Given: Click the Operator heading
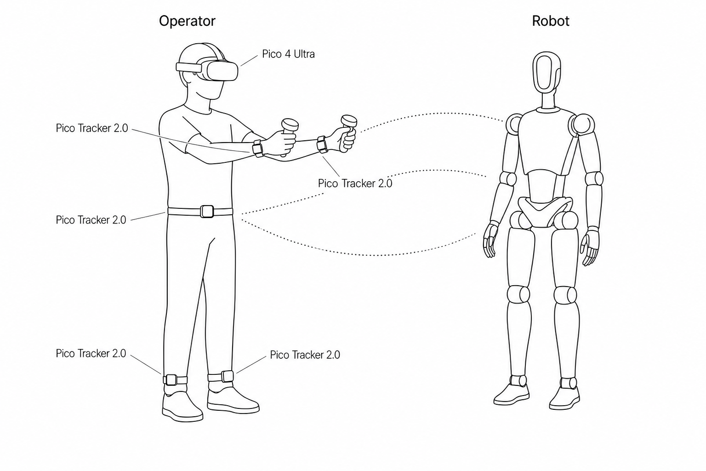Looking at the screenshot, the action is [x=187, y=21].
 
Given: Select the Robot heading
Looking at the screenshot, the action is [x=551, y=21].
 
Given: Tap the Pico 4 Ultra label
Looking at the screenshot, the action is [x=288, y=54].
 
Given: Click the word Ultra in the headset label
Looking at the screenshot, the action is [x=304, y=54].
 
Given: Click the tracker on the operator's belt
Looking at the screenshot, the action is [x=207, y=212].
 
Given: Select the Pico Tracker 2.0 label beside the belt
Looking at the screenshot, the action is [x=91, y=220].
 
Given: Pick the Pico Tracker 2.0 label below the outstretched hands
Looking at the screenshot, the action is [x=355, y=183].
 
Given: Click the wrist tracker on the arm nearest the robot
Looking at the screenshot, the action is [x=322, y=144].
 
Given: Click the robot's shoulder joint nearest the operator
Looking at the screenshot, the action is [x=514, y=124].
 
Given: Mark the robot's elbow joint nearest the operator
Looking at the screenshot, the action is [x=508, y=179].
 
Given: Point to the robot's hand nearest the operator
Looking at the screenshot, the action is [x=490, y=240].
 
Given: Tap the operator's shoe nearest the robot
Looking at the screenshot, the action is [x=233, y=399].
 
